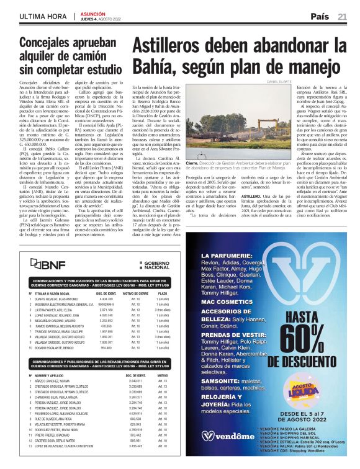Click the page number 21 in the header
342,16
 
